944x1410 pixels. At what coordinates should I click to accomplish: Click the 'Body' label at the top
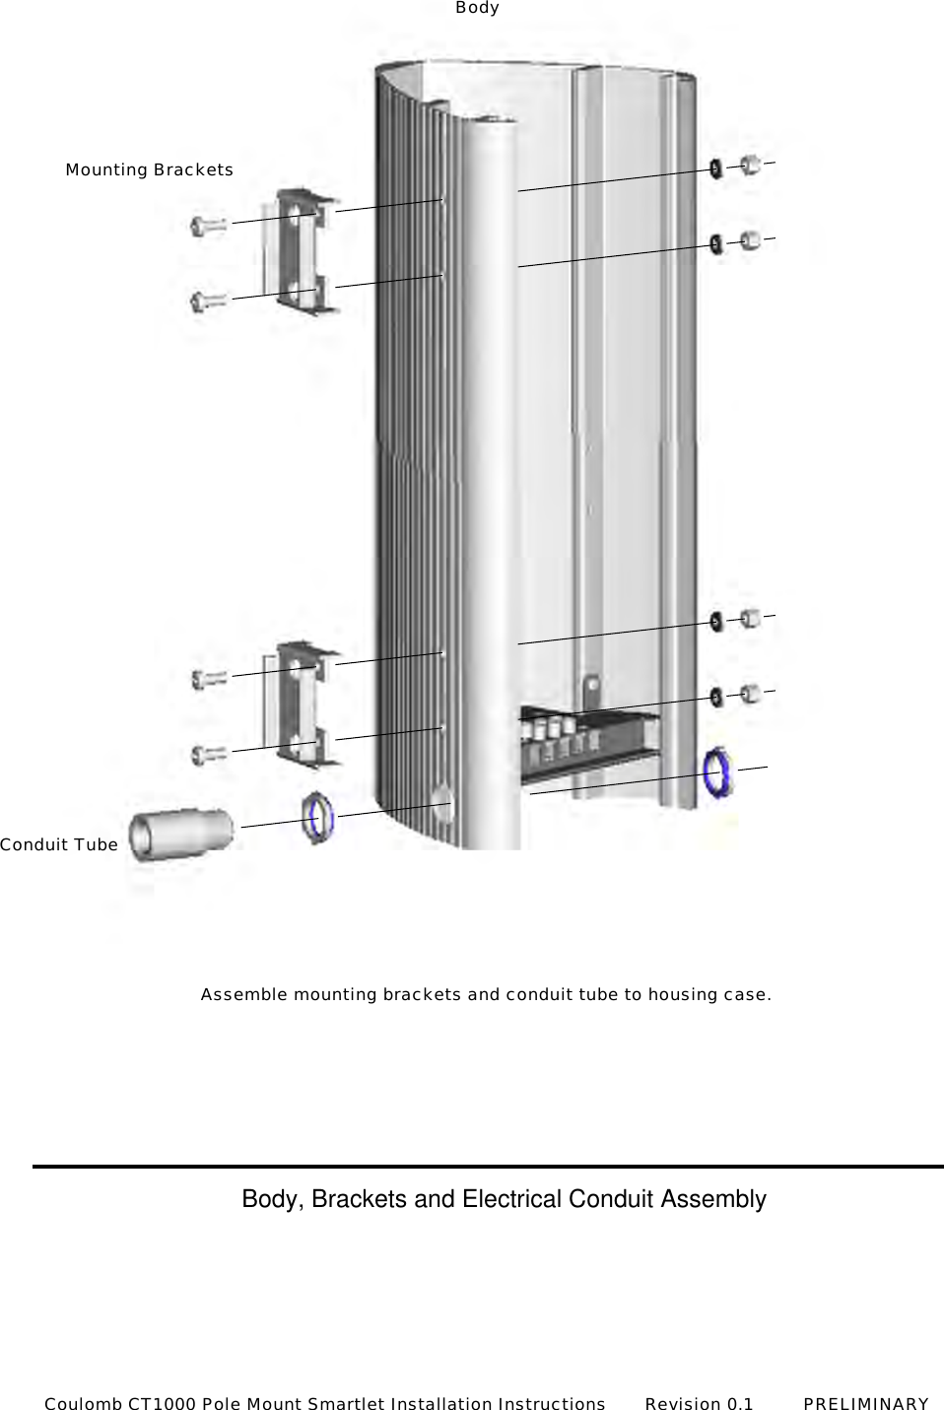tap(477, 8)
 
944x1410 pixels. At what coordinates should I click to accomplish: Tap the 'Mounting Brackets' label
tap(150, 169)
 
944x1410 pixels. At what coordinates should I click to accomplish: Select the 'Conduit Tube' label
tap(59, 844)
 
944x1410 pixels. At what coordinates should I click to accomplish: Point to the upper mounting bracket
tap(306, 251)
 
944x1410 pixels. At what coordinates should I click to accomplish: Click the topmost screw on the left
tap(208, 226)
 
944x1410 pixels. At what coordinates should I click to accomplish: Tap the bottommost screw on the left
tap(210, 756)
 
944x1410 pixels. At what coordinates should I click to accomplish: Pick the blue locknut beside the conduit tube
tap(318, 817)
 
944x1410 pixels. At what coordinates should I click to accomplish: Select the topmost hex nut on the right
tap(749, 164)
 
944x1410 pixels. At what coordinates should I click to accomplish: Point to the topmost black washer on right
tap(714, 169)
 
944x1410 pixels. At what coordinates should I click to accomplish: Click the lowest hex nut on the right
tap(749, 693)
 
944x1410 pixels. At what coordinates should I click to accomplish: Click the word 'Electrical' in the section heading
tap(509, 1199)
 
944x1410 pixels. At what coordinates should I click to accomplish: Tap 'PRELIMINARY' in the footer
tap(866, 1403)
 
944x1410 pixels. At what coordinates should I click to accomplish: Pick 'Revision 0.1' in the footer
tap(699, 1403)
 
